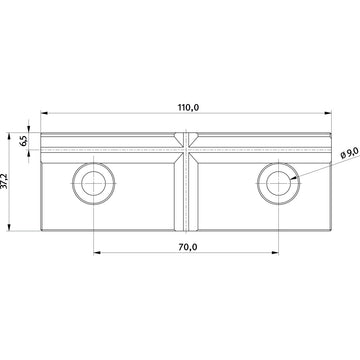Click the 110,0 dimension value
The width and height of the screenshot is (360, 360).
coord(188,108)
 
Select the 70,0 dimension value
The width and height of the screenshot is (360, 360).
coord(187,247)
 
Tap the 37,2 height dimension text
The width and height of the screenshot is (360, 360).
coord(4,181)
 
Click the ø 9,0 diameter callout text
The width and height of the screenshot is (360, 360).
coord(349,154)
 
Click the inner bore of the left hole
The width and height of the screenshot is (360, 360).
coord(94,184)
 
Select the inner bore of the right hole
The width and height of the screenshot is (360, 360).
coord(279,184)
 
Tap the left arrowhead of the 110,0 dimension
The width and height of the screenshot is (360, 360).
coord(44,113)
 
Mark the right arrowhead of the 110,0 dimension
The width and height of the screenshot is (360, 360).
coord(328,113)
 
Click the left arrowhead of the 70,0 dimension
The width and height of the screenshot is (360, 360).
coord(97,253)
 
